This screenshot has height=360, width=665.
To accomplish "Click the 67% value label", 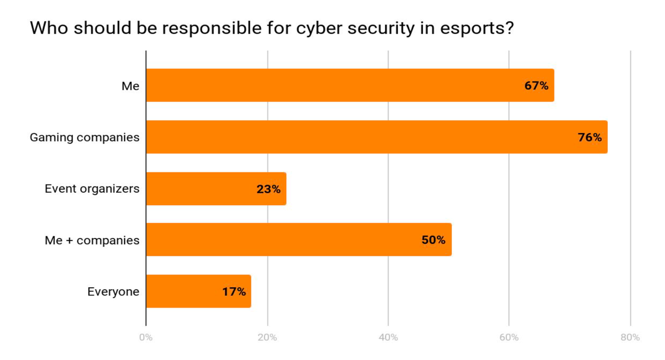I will [536, 86].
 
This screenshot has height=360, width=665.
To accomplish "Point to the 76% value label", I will [590, 138].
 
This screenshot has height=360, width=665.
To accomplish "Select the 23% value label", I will [268, 189].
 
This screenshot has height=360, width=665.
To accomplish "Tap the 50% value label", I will [433, 240].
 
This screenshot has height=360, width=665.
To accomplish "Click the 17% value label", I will [234, 291].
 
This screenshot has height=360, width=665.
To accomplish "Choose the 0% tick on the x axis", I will [146, 337].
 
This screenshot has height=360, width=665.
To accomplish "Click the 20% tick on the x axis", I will [267, 337].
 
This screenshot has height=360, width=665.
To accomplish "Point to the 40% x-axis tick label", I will [388, 337].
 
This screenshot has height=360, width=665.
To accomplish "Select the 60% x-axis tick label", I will [509, 337].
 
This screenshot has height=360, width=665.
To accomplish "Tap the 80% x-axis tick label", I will [630, 337].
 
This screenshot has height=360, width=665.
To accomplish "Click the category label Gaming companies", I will [84, 138].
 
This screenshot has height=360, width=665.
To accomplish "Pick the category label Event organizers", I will [92, 189].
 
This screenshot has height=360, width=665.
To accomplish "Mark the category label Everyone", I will [113, 291].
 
